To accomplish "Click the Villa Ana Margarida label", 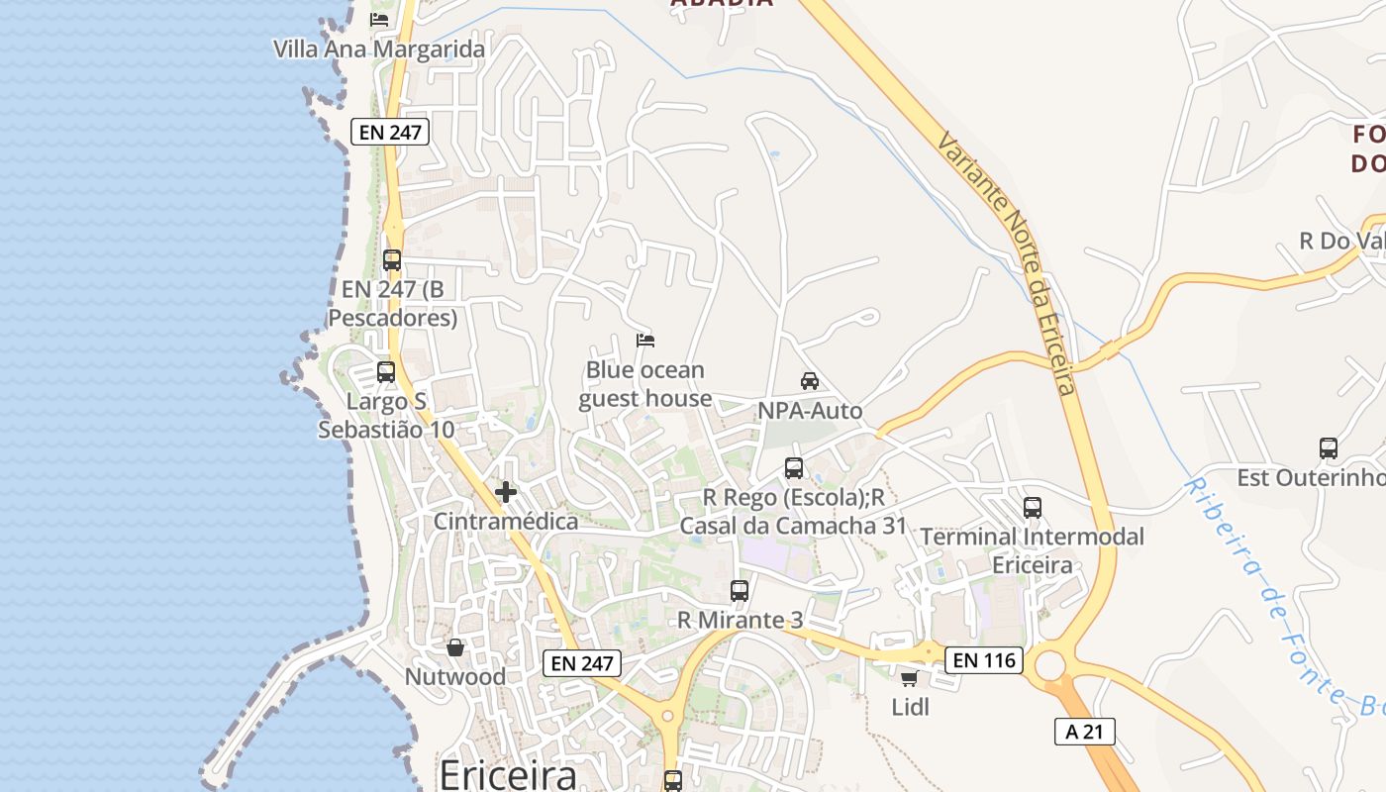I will tap(379, 49).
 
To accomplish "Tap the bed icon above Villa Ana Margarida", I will tap(379, 19).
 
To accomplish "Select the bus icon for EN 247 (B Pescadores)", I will tap(392, 260).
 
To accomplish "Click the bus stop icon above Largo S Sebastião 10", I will tap(386, 372).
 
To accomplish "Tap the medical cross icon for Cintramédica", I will tap(506, 491).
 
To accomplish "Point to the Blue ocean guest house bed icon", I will tap(645, 341).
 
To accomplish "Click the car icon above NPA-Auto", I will tap(810, 380).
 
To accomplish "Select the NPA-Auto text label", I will tap(810, 410).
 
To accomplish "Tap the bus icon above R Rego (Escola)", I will tap(794, 467).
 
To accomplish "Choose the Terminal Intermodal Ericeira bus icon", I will tap(1033, 507).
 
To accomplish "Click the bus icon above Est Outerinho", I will tap(1329, 447).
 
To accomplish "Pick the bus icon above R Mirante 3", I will tap(740, 590).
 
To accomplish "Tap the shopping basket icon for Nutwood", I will tap(455, 647).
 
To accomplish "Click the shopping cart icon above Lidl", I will tap(910, 678).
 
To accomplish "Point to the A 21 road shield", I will tap(1085, 732).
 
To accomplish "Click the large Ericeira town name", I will tap(508, 773).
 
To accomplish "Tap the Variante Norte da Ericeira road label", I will tap(1006, 262).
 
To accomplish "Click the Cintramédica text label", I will tap(506, 521).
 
